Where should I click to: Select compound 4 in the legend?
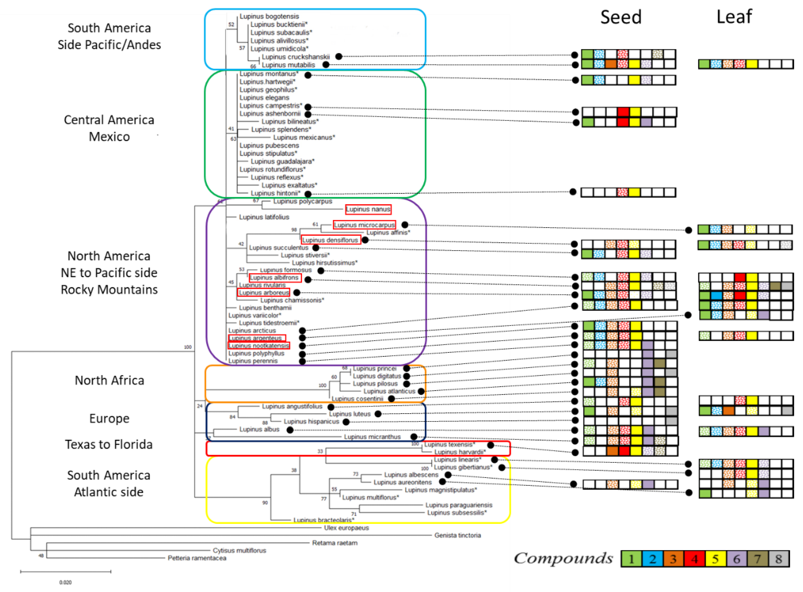(694, 559)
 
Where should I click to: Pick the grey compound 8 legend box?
(778, 559)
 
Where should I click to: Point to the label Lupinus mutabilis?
(288, 65)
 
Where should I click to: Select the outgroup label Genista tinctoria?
(457, 535)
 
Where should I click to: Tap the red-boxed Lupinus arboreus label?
(264, 293)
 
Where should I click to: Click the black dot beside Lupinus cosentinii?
(392, 399)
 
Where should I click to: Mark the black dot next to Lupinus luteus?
(378, 414)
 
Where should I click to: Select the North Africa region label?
(109, 380)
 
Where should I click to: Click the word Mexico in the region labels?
(109, 136)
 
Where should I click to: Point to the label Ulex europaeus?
(346, 528)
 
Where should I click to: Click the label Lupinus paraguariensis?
(459, 505)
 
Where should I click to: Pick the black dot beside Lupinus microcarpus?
(405, 225)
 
